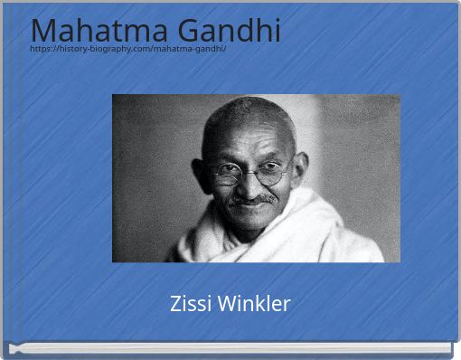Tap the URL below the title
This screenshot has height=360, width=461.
[x=127, y=48]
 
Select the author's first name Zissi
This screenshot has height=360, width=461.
[x=189, y=304]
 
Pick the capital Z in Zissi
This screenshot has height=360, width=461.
[x=175, y=304]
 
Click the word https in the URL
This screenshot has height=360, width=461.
[x=42, y=48]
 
